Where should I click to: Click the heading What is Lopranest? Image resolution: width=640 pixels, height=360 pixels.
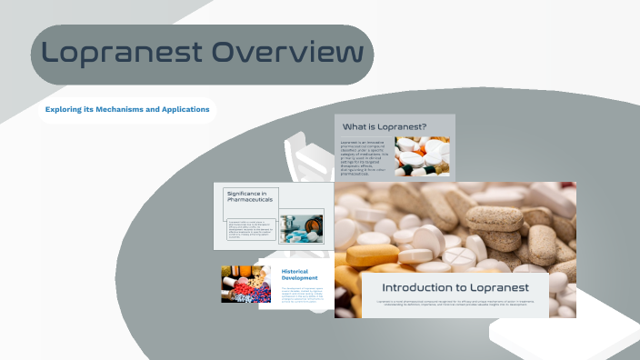click(x=384, y=126)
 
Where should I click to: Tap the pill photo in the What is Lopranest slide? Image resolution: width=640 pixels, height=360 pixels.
click(x=422, y=155)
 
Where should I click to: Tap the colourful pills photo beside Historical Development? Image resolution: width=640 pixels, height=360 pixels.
click(x=245, y=284)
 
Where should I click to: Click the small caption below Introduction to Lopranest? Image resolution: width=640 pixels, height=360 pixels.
click(x=455, y=303)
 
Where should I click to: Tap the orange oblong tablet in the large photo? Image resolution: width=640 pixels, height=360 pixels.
click(x=372, y=255)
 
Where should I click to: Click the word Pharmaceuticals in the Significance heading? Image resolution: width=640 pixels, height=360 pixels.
click(x=250, y=203)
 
